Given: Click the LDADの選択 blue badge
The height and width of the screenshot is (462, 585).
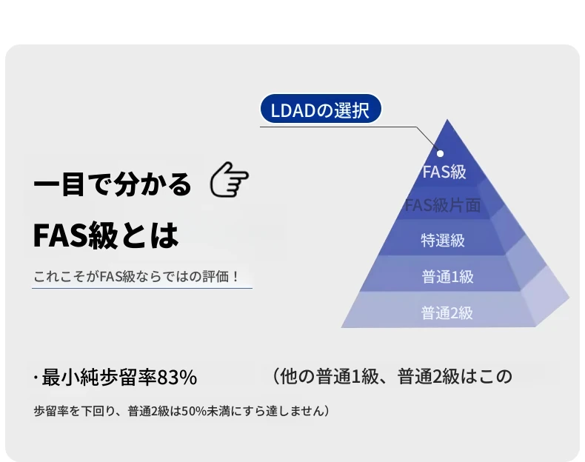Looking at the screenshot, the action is [321, 109].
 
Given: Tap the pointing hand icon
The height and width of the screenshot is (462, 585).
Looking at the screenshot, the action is [229, 179].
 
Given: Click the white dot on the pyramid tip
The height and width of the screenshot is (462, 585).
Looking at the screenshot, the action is [441, 153].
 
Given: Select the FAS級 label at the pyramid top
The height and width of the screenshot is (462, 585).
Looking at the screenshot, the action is [444, 172].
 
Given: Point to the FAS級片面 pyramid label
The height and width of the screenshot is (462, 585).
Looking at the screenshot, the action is [443, 205].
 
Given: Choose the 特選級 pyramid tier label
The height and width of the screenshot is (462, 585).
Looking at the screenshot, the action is [443, 240].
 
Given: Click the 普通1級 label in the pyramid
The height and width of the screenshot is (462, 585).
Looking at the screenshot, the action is [447, 277].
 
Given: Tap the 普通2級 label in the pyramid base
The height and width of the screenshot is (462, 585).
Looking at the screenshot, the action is [447, 313].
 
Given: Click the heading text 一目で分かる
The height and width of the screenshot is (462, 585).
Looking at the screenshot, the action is [113, 184].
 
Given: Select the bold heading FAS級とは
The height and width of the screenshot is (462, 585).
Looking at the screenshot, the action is [106, 235].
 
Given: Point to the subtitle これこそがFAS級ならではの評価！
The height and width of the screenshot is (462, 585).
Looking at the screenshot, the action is [136, 277].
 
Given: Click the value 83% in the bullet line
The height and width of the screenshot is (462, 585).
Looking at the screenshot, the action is [177, 377].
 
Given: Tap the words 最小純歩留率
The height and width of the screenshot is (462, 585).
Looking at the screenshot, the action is [99, 377].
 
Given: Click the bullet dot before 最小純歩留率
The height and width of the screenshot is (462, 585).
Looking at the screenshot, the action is [36, 378].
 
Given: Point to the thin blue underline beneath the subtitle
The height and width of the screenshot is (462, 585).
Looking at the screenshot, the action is [142, 288].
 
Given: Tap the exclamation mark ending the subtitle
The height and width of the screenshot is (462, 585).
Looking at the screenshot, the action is [235, 277].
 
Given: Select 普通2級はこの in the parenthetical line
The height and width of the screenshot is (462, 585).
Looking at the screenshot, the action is [455, 376].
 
